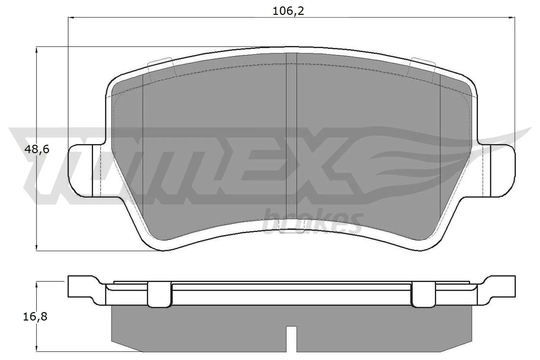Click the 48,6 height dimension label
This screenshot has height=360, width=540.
[37, 149]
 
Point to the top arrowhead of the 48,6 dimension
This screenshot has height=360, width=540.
[36, 50]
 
